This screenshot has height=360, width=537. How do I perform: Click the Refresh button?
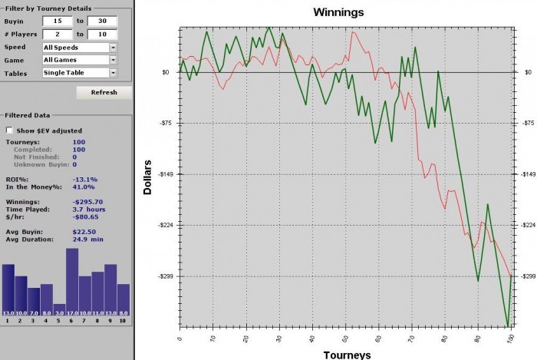[104, 92]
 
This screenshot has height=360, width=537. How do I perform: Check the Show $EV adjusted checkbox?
[10, 130]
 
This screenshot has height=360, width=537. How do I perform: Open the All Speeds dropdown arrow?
[113, 47]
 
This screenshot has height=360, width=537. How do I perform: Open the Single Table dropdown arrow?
[113, 73]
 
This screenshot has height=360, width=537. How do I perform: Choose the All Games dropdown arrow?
[113, 60]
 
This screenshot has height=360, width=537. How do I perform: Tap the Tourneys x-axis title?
[348, 354]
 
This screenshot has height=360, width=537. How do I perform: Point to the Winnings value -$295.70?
[87, 202]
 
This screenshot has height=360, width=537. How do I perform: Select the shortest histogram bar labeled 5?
[59, 309]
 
